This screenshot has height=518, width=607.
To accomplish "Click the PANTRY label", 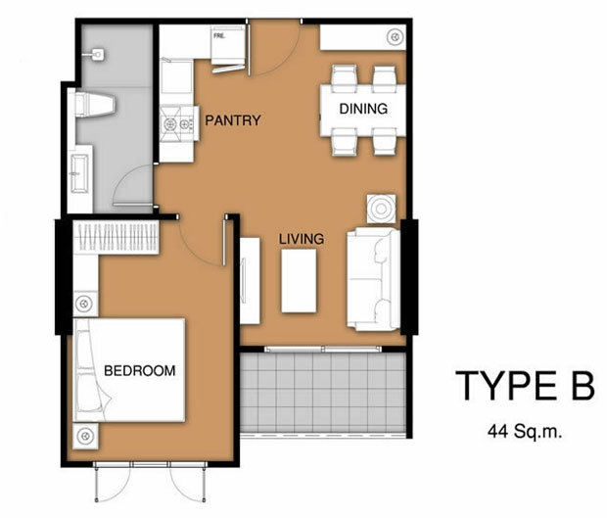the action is pyautogui.click(x=233, y=120).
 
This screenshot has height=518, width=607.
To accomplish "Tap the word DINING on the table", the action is pyautogui.click(x=363, y=109).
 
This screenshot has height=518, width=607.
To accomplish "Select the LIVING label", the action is pyautogui.click(x=302, y=239).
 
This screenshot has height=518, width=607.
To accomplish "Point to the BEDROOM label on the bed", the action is pyautogui.click(x=139, y=371).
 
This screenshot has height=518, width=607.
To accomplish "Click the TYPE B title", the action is pyautogui.click(x=525, y=386).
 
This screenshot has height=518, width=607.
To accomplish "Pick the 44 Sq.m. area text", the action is pyautogui.click(x=525, y=431).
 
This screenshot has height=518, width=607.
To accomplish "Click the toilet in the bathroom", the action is pyautogui.click(x=95, y=104).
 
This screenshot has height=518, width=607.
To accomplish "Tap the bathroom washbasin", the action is pyautogui.click(x=80, y=173).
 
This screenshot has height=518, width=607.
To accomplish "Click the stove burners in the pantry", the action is pyautogui.click(x=177, y=124).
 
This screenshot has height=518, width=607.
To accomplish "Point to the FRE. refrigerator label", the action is pyautogui.click(x=219, y=36).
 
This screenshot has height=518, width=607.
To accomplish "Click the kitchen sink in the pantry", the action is pyautogui.click(x=176, y=76).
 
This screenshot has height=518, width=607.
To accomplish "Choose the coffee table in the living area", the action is pyautogui.click(x=299, y=281).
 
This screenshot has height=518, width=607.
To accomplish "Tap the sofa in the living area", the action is pyautogui.click(x=373, y=279).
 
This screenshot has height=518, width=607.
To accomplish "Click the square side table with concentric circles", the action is pyautogui.click(x=381, y=209).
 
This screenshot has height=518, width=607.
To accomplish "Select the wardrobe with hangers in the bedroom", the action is pyautogui.click(x=117, y=237).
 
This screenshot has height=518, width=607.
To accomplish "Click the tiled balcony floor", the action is pyautogui.click(x=323, y=393).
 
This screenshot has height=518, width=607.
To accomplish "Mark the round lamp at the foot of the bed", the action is pyautogui.click(x=85, y=437).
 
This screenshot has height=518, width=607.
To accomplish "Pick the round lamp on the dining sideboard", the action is pyautogui.click(x=395, y=37).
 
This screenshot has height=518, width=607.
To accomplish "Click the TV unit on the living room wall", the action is pyautogui.click(x=250, y=281).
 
